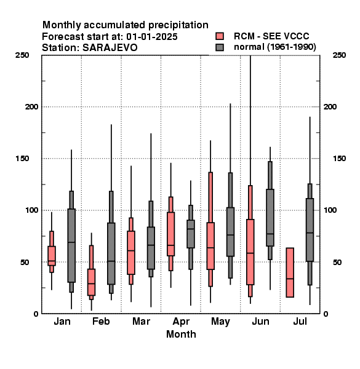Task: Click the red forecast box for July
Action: pyautogui.click(x=290, y=272)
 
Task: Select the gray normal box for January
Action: pyautogui.click(x=71, y=245)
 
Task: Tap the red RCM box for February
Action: pyautogui.click(x=91, y=282)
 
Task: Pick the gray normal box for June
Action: pyautogui.click(x=270, y=218)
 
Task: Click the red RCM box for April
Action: pyautogui.click(x=170, y=234)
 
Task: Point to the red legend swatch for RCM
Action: pyautogui.click(x=220, y=36)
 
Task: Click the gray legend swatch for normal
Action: pyautogui.click(x=220, y=47)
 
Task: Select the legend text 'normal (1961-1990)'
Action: pyautogui.click(x=274, y=47)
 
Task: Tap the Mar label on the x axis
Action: pyautogui.click(x=141, y=321)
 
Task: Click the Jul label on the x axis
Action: pyautogui.click(x=300, y=321)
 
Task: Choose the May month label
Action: pyautogui.click(x=220, y=322)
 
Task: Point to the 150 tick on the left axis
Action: pyautogui.click(x=22, y=159)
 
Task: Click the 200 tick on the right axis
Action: pyautogui.click(x=330, y=106)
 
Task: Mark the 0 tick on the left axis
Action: pyautogui.click(x=36, y=314)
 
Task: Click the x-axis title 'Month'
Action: pyautogui.click(x=181, y=334)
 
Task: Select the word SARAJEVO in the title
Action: pyautogui.click(x=110, y=48)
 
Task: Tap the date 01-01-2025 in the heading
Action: pyautogui.click(x=152, y=36)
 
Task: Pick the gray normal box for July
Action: pyautogui.click(x=310, y=229)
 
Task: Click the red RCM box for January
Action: pyautogui.click(x=52, y=256)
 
